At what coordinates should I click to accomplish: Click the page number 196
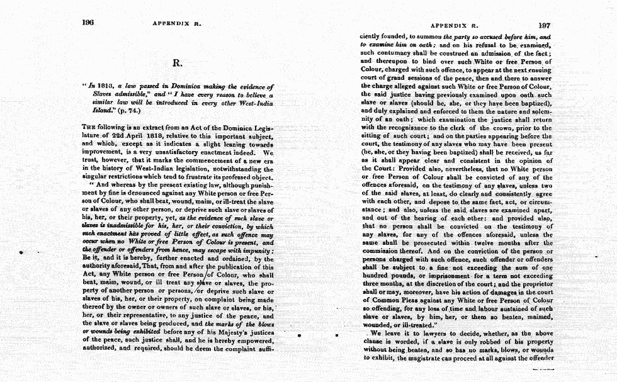click(88, 23)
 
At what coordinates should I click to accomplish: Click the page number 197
click(545, 26)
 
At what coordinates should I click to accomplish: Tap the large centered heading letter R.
click(177, 62)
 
